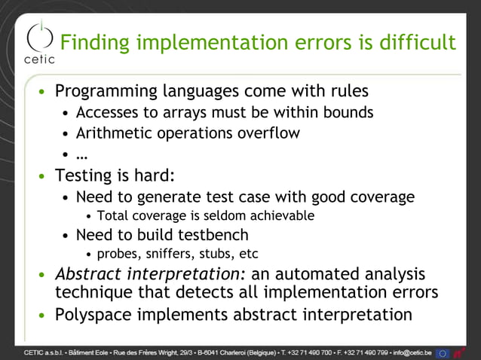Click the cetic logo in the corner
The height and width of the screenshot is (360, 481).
click(39, 41)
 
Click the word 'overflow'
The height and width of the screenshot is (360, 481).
click(269, 133)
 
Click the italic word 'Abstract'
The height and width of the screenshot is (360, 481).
click(87, 273)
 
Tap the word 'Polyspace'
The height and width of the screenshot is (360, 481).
click(95, 314)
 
